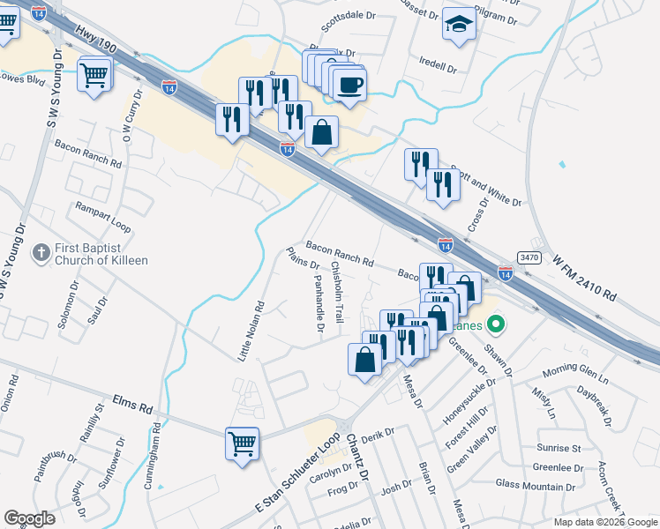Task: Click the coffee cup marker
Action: point(349,86)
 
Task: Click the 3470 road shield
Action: point(529,257)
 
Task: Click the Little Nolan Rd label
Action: point(251,332)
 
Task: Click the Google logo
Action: point(30,518)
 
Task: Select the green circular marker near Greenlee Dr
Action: point(495,324)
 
